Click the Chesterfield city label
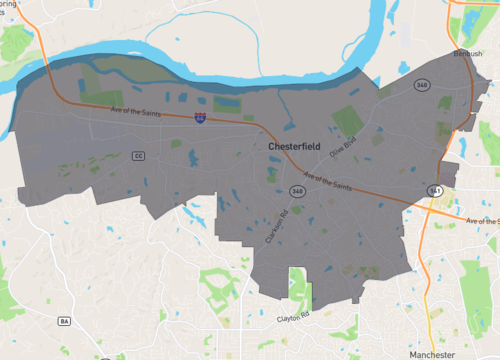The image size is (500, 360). (298, 146)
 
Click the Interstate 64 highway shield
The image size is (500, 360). (201, 118)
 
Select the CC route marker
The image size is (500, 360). (138, 155)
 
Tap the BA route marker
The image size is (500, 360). (65, 321)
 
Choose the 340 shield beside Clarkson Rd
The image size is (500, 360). (297, 190)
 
